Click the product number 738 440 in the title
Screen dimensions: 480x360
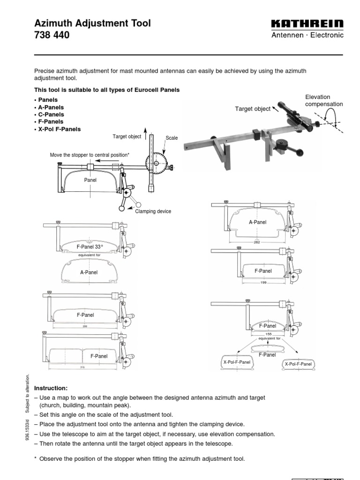point(52,35)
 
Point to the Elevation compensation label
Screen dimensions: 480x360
point(324,101)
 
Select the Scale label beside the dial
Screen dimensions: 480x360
point(172,138)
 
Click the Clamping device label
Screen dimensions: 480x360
point(153,211)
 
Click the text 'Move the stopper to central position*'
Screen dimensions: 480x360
point(90,155)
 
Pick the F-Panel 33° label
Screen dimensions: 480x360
point(90,246)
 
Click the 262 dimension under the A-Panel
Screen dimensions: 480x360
point(256,242)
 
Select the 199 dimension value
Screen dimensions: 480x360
point(263,283)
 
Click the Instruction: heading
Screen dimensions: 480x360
point(51,388)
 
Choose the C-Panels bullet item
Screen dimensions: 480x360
point(49,114)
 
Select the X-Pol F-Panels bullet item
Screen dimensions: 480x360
point(57,129)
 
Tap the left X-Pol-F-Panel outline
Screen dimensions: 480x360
point(236,362)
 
